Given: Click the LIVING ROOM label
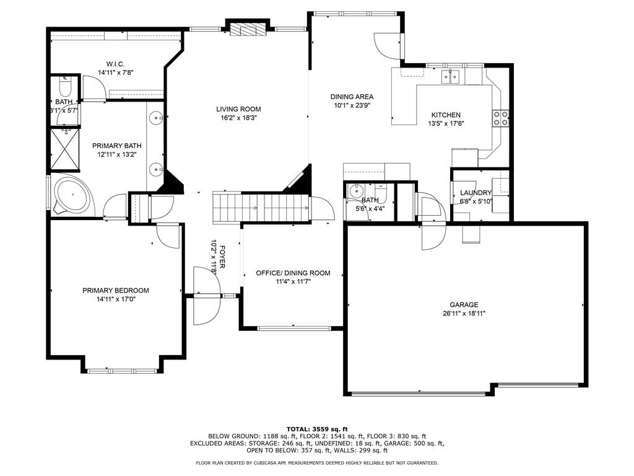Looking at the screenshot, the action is click(238, 109).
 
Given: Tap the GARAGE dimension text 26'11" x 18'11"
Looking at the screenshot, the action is click(464, 313).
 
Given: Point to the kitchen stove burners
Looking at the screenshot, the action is click(500, 118).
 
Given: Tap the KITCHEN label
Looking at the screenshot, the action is click(446, 115).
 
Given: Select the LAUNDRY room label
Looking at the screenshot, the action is click(475, 193).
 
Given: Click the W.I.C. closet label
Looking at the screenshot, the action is click(115, 64).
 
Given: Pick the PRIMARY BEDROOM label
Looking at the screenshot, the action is click(116, 290).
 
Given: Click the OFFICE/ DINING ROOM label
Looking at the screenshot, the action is click(293, 273).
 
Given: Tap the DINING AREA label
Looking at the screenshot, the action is click(352, 97).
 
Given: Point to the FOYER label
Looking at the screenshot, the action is click(222, 257).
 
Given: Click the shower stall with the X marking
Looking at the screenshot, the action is click(64, 150).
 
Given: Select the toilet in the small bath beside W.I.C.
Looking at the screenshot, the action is click(65, 86).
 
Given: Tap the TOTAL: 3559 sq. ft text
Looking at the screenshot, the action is click(317, 429).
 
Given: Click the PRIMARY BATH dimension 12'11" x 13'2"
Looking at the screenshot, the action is click(117, 154).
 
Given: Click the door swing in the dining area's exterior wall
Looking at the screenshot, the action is click(388, 45).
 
